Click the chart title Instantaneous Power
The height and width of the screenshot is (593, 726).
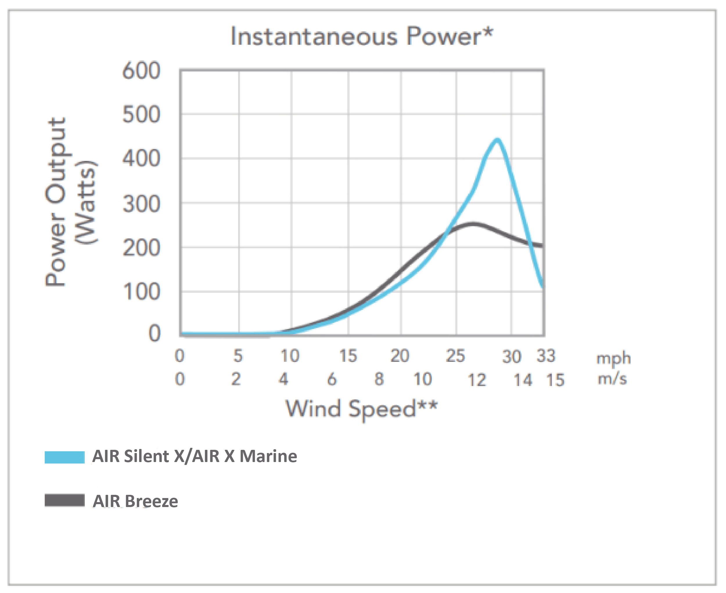[x=362, y=37]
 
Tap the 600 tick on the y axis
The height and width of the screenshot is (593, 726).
[x=141, y=71]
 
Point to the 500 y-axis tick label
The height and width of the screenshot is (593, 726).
[x=141, y=115]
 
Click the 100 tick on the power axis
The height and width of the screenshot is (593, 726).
[x=141, y=292]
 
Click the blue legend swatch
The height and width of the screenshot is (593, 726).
[x=64, y=457]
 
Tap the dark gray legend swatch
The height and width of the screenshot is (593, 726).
[x=64, y=500]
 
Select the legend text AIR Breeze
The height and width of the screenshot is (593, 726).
[x=135, y=502]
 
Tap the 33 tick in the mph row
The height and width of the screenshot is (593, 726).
[x=546, y=356]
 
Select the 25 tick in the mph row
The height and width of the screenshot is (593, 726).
[x=455, y=356]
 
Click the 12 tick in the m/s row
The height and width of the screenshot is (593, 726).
[x=477, y=380]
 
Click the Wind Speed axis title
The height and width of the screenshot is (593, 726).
[x=362, y=409]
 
